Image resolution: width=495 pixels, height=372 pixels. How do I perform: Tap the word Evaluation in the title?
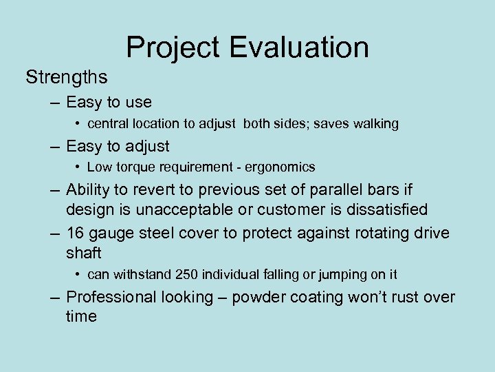300,48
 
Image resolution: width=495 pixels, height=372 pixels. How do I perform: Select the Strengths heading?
67,77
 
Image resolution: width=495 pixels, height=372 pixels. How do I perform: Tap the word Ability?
89,189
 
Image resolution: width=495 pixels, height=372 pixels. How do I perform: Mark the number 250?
186,274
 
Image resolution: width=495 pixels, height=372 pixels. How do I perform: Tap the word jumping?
326,275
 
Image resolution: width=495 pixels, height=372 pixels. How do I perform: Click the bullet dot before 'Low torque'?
79,167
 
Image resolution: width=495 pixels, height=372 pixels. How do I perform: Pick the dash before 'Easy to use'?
54,103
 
